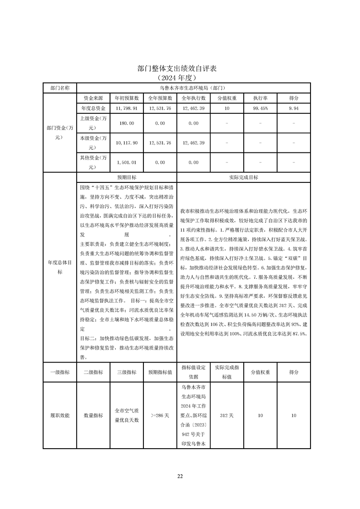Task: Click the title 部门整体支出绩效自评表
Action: pos(180,69)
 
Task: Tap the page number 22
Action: pos(180,476)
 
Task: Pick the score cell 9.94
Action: pos(294,108)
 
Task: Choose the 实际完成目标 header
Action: pos(244,177)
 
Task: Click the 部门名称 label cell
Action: pos(60,88)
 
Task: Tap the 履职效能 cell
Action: pos(60,415)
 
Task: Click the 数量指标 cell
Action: pos(94,415)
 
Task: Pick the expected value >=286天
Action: pos(160,415)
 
